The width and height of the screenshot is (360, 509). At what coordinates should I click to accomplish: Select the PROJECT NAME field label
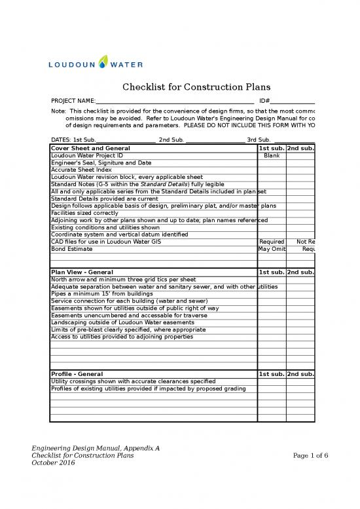[x=73, y=101]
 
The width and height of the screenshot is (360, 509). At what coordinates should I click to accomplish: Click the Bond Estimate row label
[x=67, y=249]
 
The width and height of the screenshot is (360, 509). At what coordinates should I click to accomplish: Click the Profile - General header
[x=77, y=373]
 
